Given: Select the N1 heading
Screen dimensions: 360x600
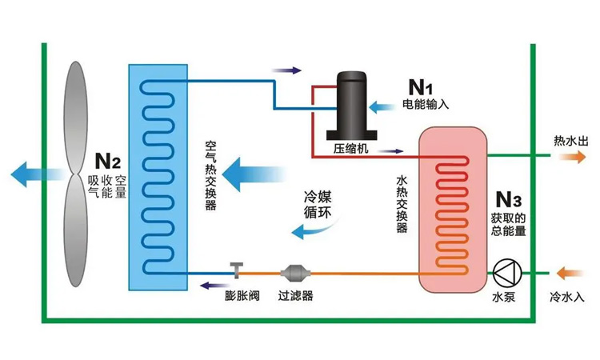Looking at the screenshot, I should coord(421,86).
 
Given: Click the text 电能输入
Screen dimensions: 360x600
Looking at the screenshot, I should coord(426,104).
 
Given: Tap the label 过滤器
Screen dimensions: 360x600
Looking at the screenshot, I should coord(295,296).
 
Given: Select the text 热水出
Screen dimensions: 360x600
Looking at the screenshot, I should coord(569,141).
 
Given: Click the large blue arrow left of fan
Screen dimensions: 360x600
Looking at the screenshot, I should coord(30,170).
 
